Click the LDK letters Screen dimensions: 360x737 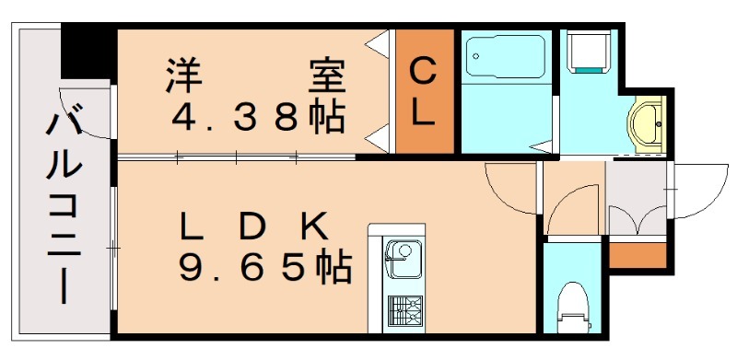[253, 225]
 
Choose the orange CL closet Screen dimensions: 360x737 [425, 91]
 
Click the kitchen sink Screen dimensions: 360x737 [402, 254]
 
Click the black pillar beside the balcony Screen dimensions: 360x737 [88, 53]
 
